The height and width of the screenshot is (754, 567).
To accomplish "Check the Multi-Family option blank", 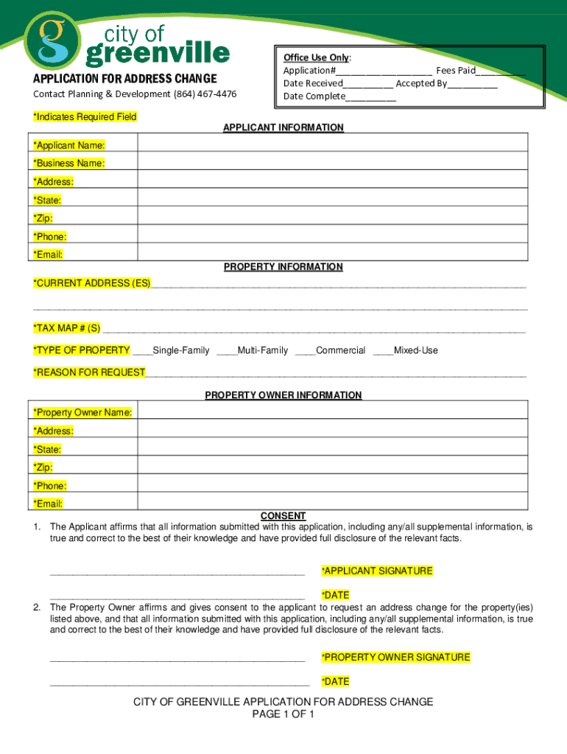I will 227,350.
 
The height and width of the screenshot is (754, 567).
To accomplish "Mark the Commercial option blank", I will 305,350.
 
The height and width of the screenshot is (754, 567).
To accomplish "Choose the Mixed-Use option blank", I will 383,350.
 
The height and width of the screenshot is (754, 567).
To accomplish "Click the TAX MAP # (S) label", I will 67,328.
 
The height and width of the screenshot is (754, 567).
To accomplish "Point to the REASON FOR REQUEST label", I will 89,373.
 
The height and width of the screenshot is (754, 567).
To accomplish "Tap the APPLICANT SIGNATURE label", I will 377,571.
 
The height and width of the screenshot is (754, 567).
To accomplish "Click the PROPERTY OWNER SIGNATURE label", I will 395,657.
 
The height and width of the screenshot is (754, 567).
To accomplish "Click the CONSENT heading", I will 283,516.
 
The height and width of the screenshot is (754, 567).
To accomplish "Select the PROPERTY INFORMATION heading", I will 283,267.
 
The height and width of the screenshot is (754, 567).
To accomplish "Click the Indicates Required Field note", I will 85,117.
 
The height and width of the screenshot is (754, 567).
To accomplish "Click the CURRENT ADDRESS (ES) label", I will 91,283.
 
